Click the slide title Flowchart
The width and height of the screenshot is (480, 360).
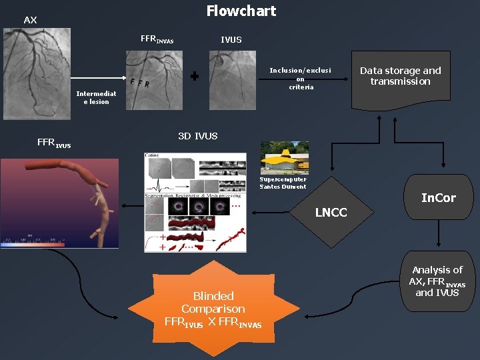pyautogui.click(x=241, y=11)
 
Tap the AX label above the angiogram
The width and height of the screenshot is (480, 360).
pyautogui.click(x=30, y=21)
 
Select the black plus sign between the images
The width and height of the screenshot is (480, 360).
pyautogui.click(x=194, y=77)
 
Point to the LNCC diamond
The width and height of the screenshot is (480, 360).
pyautogui.click(x=331, y=212)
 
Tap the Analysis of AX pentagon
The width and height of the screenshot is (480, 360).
pyautogui.click(x=437, y=285)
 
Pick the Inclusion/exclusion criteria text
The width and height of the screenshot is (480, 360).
pyautogui.click(x=300, y=79)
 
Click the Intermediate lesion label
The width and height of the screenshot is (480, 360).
pyautogui.click(x=97, y=97)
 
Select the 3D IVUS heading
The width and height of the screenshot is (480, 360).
pyautogui.click(x=197, y=136)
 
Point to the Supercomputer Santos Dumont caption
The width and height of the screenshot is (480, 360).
pyautogui.click(x=283, y=183)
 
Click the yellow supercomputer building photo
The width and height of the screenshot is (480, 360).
pyautogui.click(x=284, y=159)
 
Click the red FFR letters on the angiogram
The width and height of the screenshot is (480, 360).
pyautogui.click(x=139, y=83)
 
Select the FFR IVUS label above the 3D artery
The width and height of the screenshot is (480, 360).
pyautogui.click(x=54, y=143)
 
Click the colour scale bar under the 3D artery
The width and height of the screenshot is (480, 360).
pyautogui.click(x=33, y=244)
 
